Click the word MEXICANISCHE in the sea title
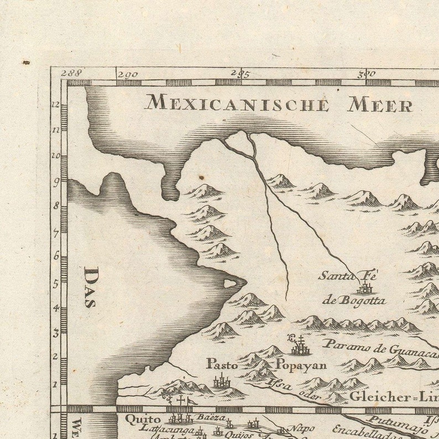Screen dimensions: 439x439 click(x=237, y=103)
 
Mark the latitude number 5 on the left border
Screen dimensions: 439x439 click(x=56, y=283)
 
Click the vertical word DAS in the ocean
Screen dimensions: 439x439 click(x=91, y=287)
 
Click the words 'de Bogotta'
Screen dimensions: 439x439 click(x=354, y=301)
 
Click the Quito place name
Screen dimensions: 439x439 click(x=143, y=419)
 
